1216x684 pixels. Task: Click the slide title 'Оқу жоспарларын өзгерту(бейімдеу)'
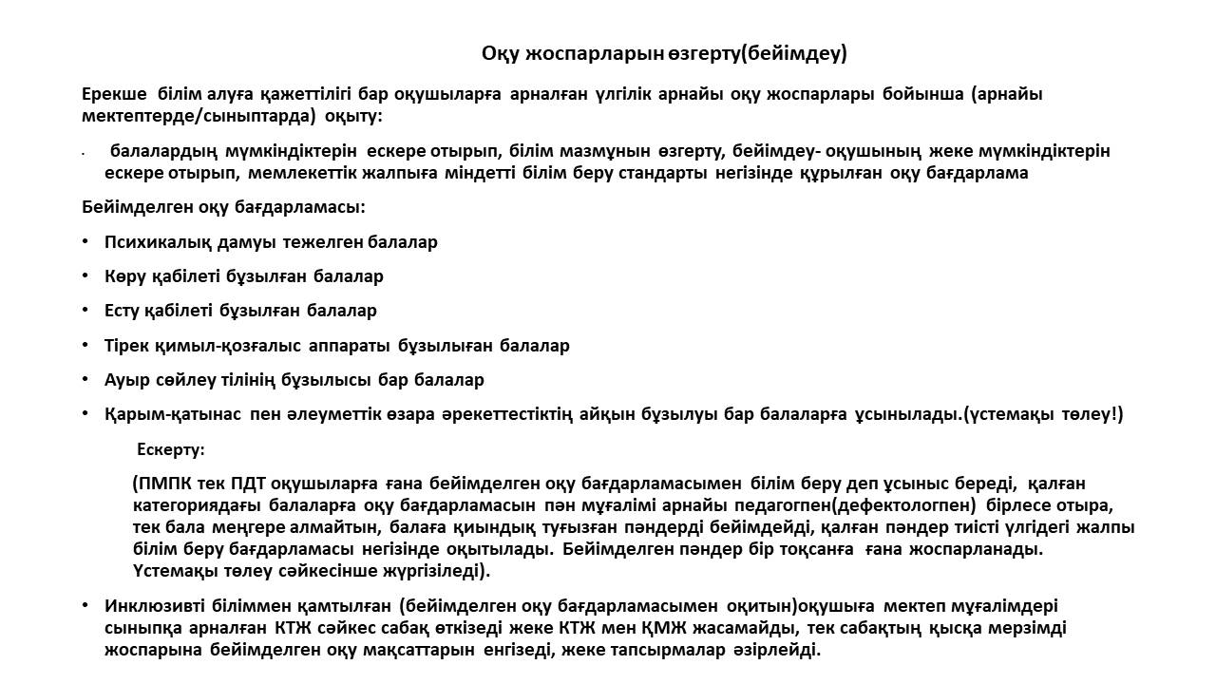coord(664,53)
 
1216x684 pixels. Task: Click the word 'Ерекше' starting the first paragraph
coord(114,94)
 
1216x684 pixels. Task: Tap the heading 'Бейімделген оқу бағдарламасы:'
coord(223,207)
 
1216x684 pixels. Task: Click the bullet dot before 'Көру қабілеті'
coord(85,276)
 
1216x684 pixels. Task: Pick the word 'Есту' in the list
coord(123,311)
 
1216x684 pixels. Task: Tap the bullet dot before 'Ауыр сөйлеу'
coord(85,380)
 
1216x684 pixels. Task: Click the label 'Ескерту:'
coord(171,449)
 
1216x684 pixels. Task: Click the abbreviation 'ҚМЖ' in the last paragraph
coord(633,628)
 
